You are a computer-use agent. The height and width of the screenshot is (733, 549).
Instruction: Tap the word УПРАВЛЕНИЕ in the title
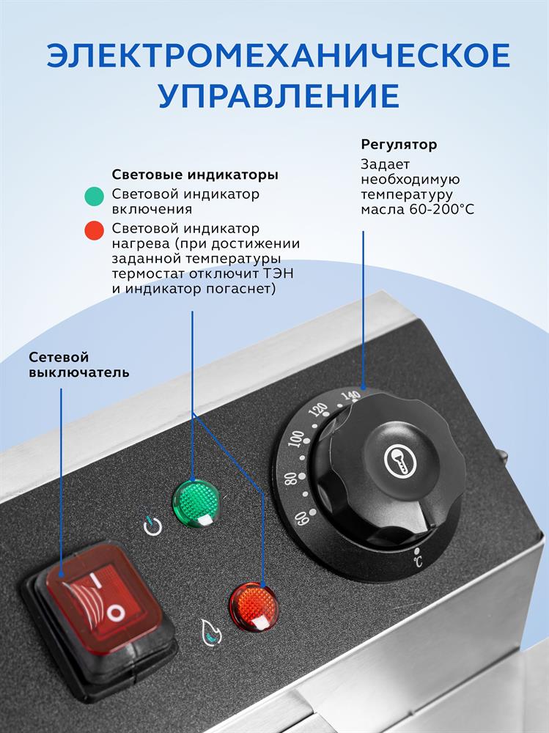pos(279,96)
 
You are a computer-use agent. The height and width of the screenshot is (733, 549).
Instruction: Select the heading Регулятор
pos(399,144)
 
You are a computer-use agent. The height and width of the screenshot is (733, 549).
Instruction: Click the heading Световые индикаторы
pos(195,174)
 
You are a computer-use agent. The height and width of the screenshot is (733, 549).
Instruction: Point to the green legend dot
pos(94,196)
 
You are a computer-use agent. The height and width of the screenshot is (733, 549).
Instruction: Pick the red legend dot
pos(94,230)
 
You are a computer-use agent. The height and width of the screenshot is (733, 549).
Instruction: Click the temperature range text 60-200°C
pos(442,209)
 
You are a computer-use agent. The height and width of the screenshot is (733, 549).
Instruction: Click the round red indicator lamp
pos(253,606)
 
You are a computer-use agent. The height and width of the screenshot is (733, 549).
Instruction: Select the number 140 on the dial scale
pos(350,397)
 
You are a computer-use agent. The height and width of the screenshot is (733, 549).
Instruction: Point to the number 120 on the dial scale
pos(318,410)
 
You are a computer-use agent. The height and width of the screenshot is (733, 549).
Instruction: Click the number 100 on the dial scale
pos(295,439)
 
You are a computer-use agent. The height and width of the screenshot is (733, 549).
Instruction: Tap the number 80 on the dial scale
pos(290,479)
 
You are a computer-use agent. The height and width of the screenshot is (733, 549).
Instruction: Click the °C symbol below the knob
pos(418,558)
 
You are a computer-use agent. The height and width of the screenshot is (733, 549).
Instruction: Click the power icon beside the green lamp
pos(152,526)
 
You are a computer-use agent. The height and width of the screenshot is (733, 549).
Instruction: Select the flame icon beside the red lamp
pos(210,632)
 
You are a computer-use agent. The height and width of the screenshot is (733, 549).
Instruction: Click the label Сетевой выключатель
pos(78,364)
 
